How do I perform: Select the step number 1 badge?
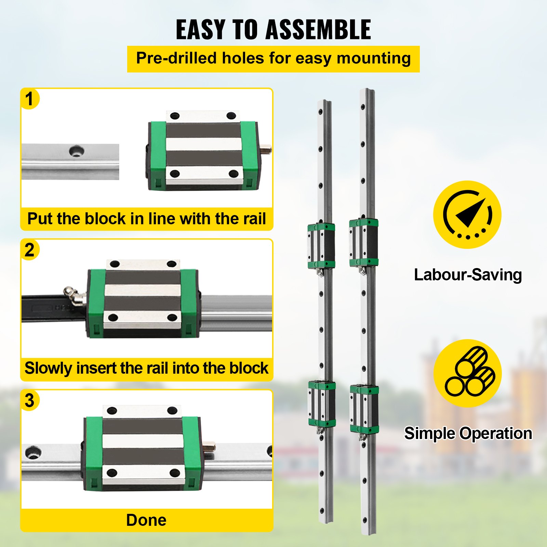pyautogui.click(x=29, y=99)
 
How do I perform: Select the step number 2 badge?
pyautogui.click(x=29, y=250)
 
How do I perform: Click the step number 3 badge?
pyautogui.click(x=29, y=400)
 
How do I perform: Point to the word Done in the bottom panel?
pyautogui.click(x=146, y=520)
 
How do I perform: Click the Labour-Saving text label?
pyautogui.click(x=468, y=275)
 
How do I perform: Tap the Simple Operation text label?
pyautogui.click(x=468, y=433)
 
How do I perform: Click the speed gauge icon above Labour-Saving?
pyautogui.click(x=467, y=215)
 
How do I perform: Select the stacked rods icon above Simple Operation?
pyautogui.click(x=467, y=373)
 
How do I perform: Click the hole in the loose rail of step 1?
pyautogui.click(x=77, y=151)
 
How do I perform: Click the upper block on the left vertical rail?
pyautogui.click(x=321, y=245)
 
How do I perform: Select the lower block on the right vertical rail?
pyautogui.click(x=364, y=409)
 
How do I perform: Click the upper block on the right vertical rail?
pyautogui.click(x=363, y=242)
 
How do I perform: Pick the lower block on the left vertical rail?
pyautogui.click(x=321, y=404)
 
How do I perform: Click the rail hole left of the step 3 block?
pyautogui.click(x=33, y=452)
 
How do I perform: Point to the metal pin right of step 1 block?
pyautogui.click(x=266, y=149)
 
